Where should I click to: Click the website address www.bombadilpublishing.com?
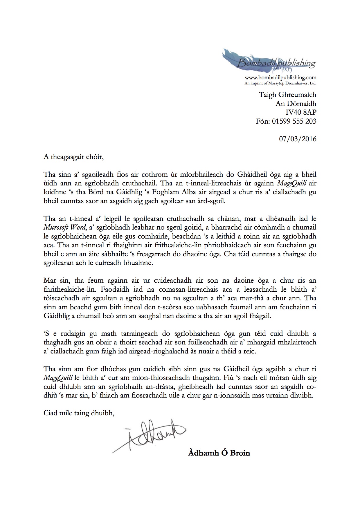[x=280, y=77]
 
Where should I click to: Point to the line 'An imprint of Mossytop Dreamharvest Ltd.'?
[x=280, y=83]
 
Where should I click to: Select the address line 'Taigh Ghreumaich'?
[x=287, y=95]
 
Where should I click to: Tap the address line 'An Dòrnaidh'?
[x=296, y=104]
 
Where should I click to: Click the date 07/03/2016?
[x=298, y=139]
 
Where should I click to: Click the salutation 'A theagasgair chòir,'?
[x=73, y=157]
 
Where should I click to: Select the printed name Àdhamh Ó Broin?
[x=219, y=453]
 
